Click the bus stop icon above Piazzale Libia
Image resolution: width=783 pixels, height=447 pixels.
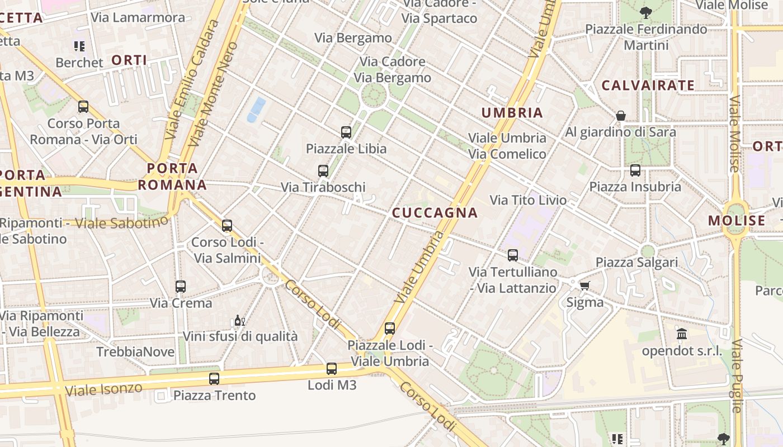346,132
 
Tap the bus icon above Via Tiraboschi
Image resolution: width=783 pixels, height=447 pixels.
323,171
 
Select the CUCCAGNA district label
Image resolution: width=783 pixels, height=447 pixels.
435,213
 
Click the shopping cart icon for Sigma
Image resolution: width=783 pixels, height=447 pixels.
584,286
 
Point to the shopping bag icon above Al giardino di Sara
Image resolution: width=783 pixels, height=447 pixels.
621,116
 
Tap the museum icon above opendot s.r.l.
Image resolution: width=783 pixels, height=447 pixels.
682,334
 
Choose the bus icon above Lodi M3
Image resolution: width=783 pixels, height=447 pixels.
332,369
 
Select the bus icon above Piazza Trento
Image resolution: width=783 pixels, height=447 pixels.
214,379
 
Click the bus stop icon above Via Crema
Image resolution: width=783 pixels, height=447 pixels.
181,287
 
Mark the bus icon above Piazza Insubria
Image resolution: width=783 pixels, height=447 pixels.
635,170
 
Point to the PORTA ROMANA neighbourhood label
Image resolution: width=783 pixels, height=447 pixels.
172,177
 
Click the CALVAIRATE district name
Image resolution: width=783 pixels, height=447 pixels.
648,85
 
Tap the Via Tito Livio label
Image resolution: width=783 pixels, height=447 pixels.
528,200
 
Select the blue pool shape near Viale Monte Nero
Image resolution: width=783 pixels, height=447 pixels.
256,109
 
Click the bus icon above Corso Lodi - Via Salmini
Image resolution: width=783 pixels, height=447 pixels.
227,226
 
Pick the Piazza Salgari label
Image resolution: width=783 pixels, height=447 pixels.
636,262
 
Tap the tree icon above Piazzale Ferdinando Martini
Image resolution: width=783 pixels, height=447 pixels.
645,12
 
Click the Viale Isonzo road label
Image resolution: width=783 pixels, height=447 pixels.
103,389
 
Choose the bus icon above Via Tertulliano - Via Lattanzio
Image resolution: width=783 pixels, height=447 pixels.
513,255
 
